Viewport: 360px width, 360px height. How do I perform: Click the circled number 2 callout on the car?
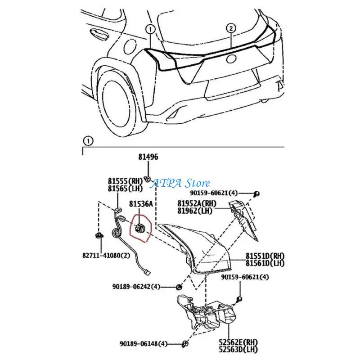[230, 28]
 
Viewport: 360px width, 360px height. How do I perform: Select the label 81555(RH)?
[125, 180]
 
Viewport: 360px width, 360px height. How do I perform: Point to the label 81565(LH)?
[125, 188]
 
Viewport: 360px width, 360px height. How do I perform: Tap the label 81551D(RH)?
[265, 256]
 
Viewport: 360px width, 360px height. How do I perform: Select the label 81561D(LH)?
[265, 263]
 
